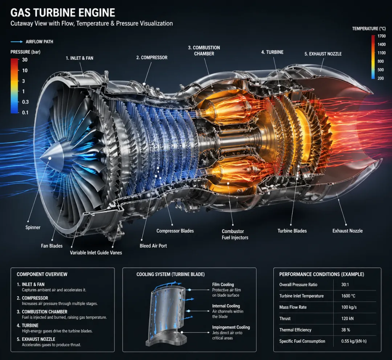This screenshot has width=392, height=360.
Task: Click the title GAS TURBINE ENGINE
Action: point(63,13)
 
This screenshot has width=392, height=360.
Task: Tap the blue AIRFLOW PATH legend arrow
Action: point(17,42)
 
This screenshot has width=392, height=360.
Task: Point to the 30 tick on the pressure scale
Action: point(25,60)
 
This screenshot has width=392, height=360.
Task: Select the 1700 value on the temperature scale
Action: point(381,36)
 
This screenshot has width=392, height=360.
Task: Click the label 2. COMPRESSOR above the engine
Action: point(152,57)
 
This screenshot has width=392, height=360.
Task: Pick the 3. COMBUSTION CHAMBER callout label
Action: point(204,50)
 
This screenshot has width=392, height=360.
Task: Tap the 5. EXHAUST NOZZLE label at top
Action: point(323,54)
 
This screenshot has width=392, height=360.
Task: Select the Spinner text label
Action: point(33,228)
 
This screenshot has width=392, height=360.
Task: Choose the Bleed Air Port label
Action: point(153,246)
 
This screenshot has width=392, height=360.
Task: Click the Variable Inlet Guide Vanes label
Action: point(96,253)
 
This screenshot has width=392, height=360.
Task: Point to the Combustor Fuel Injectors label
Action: point(235,234)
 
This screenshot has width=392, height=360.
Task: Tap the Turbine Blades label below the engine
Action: point(292,231)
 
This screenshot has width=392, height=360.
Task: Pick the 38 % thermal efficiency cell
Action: point(346,330)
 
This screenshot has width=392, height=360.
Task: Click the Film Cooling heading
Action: point(223,285)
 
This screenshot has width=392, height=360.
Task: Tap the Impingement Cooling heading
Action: point(231,327)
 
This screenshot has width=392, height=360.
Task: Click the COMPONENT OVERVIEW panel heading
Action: point(42,274)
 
